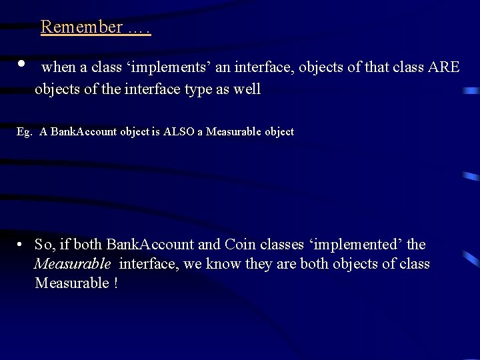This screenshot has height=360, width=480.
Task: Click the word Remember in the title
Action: tap(81, 27)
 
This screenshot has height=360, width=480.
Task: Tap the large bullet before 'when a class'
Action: tap(22, 64)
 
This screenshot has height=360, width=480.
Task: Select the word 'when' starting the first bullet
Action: tap(59, 68)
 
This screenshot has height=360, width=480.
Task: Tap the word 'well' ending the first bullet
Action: tap(246, 89)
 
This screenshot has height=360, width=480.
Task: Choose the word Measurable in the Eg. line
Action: tap(234, 132)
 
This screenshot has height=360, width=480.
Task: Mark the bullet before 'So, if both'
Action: tap(22, 245)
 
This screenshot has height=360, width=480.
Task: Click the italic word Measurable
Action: tap(73, 264)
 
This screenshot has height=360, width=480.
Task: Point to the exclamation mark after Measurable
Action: tap(116, 283)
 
